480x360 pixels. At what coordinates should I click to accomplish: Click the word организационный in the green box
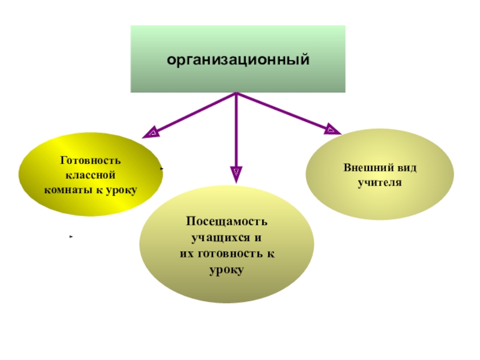click(x=238, y=59)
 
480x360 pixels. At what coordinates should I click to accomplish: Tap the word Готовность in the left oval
click(x=91, y=161)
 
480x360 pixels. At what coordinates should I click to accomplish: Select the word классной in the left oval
click(x=90, y=175)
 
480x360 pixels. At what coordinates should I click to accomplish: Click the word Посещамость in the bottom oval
click(x=226, y=223)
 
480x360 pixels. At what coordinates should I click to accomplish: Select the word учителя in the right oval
click(x=379, y=181)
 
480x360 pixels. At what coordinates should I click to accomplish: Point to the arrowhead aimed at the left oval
click(x=152, y=131)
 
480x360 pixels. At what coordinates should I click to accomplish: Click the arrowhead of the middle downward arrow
click(x=236, y=174)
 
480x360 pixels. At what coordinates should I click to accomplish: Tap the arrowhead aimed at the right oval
click(x=332, y=128)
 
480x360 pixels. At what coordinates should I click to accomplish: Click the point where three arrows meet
click(x=236, y=94)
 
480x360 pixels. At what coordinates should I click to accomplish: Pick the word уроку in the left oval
click(x=122, y=190)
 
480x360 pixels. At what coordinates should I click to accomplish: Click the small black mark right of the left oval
click(x=162, y=170)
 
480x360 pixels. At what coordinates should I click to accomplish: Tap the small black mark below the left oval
click(x=71, y=238)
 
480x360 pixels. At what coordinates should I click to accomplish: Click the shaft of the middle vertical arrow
click(x=236, y=132)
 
